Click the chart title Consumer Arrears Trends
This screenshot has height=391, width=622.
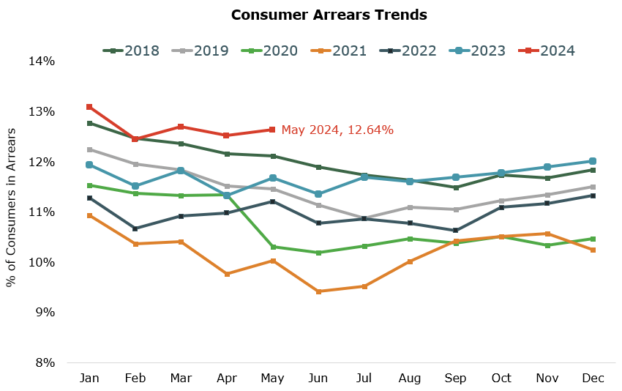click(329, 15)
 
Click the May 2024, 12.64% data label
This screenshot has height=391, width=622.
click(337, 130)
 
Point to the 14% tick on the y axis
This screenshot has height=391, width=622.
click(41, 62)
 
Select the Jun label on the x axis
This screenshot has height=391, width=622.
click(318, 377)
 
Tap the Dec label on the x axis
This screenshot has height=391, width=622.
click(593, 377)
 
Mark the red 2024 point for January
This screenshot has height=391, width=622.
click(89, 107)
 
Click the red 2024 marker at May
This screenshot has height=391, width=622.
click(272, 130)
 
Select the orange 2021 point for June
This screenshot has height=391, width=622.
click(318, 291)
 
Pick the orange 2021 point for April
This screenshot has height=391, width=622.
click(227, 274)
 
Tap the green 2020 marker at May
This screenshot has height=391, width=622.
click(272, 247)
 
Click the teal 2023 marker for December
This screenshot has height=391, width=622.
click(593, 161)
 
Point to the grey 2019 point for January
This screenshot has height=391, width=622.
click(89, 149)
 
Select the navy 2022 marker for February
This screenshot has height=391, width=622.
click(135, 228)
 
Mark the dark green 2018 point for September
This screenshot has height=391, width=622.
click(456, 187)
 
